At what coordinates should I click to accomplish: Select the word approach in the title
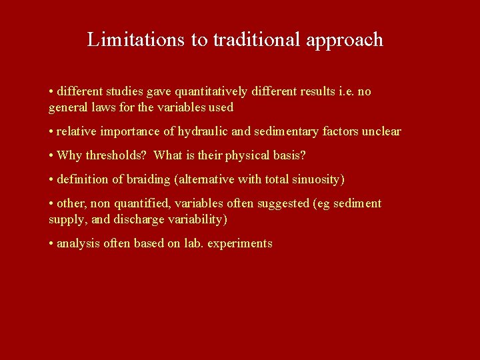point(345,40)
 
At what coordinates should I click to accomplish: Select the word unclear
point(381,131)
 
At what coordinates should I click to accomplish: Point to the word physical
point(249,155)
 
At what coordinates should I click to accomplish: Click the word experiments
point(240,243)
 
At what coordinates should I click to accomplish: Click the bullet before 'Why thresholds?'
point(51,155)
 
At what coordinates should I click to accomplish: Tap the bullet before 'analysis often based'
point(51,243)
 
